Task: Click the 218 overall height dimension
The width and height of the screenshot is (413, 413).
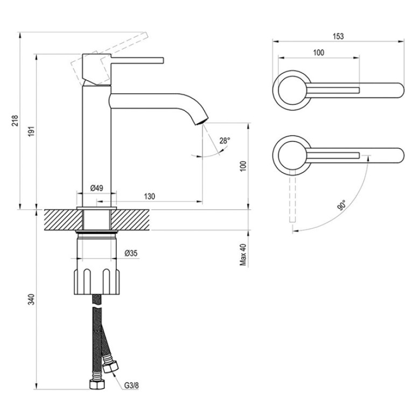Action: pos(15,121)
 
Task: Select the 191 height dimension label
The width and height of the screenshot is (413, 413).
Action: pos(32,131)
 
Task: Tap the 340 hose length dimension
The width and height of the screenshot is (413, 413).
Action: pos(32,299)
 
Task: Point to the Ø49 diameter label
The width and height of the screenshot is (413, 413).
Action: pos(97,188)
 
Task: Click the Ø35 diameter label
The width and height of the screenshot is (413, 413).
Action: pos(131,253)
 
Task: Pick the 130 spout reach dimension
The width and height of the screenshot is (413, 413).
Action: pos(149,196)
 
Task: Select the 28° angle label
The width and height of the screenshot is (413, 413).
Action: pos(225,141)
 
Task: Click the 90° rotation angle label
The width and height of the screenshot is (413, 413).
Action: pos(341,205)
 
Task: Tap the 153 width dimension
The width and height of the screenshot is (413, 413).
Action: pos(338,36)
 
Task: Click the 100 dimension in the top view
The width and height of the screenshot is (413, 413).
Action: pos(318,53)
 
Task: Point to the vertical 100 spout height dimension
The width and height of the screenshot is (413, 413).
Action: pos(243,166)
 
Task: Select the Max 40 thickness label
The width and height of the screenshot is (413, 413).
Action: pos(243,255)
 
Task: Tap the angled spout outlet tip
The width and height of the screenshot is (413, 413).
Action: pos(201,122)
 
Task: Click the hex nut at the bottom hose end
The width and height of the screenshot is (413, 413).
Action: pos(97,384)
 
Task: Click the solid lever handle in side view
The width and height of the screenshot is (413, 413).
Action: pos(137,60)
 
